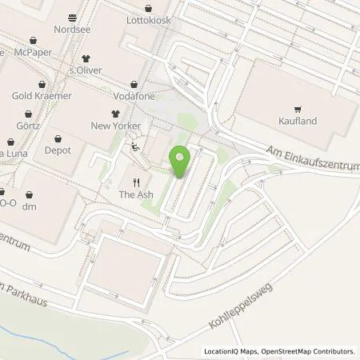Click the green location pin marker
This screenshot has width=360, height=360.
pyautogui.click(x=180, y=161)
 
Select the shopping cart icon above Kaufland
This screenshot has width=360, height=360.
pyautogui.click(x=298, y=110)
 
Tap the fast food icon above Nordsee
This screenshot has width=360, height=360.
pyautogui.click(x=74, y=18)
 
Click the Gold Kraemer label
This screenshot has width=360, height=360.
pyautogui.click(x=42, y=96)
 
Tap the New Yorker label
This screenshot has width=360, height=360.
pyautogui.click(x=115, y=126)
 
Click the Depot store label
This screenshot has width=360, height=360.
pyautogui.click(x=58, y=150)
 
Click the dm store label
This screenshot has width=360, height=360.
pyautogui.click(x=30, y=207)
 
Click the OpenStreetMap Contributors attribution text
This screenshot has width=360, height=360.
pyautogui.click(x=307, y=351)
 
